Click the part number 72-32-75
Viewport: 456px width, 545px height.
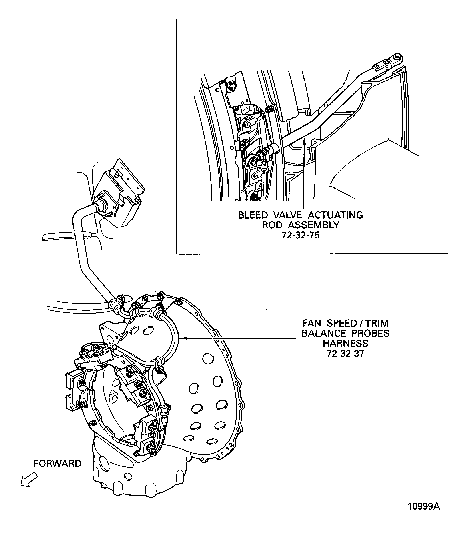[x=300, y=235]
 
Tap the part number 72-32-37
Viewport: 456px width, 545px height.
[x=345, y=353]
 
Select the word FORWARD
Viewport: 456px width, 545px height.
[x=57, y=463]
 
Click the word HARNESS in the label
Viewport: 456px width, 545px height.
[x=345, y=343]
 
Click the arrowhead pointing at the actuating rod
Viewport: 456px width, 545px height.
[x=303, y=142]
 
